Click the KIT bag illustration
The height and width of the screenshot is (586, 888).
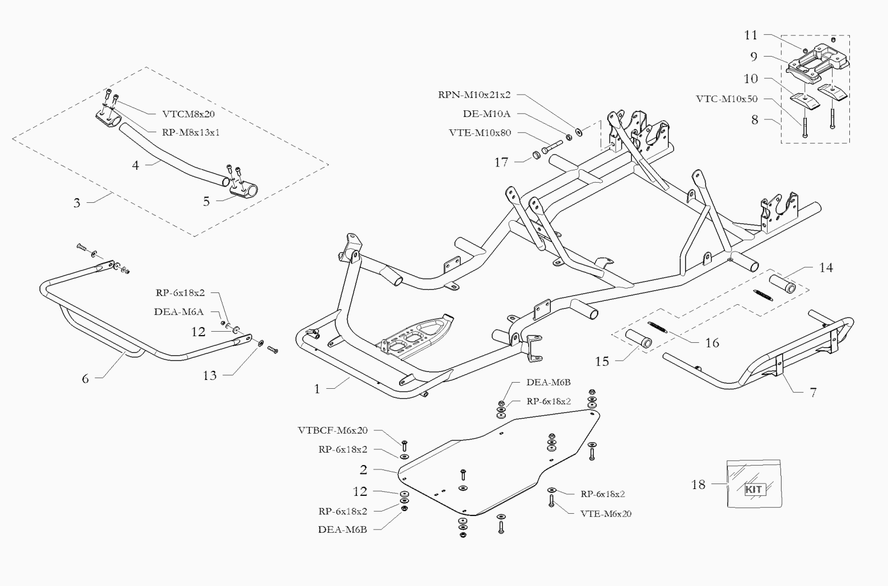(x=754, y=483)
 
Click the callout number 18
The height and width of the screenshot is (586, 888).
(x=699, y=485)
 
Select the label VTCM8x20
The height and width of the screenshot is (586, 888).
(x=188, y=114)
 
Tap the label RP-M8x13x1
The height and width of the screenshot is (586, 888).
(x=190, y=132)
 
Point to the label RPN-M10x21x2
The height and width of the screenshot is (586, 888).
(x=474, y=95)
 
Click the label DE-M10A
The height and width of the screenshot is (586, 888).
(x=487, y=114)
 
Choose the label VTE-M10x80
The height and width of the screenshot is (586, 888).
(x=480, y=133)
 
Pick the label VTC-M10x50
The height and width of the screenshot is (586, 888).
(x=727, y=99)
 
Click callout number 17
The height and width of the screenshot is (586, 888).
(x=501, y=162)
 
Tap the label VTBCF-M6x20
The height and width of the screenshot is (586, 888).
(x=333, y=430)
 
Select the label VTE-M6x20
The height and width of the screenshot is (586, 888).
(x=606, y=514)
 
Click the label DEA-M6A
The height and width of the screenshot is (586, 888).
(x=179, y=312)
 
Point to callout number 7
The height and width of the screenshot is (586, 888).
(x=813, y=393)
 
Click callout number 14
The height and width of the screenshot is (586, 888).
(x=826, y=268)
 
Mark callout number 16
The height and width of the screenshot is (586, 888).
(x=712, y=343)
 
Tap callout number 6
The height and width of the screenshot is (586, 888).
(x=85, y=379)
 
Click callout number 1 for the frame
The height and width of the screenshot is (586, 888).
(x=317, y=389)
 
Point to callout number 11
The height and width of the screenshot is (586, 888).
(x=751, y=35)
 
